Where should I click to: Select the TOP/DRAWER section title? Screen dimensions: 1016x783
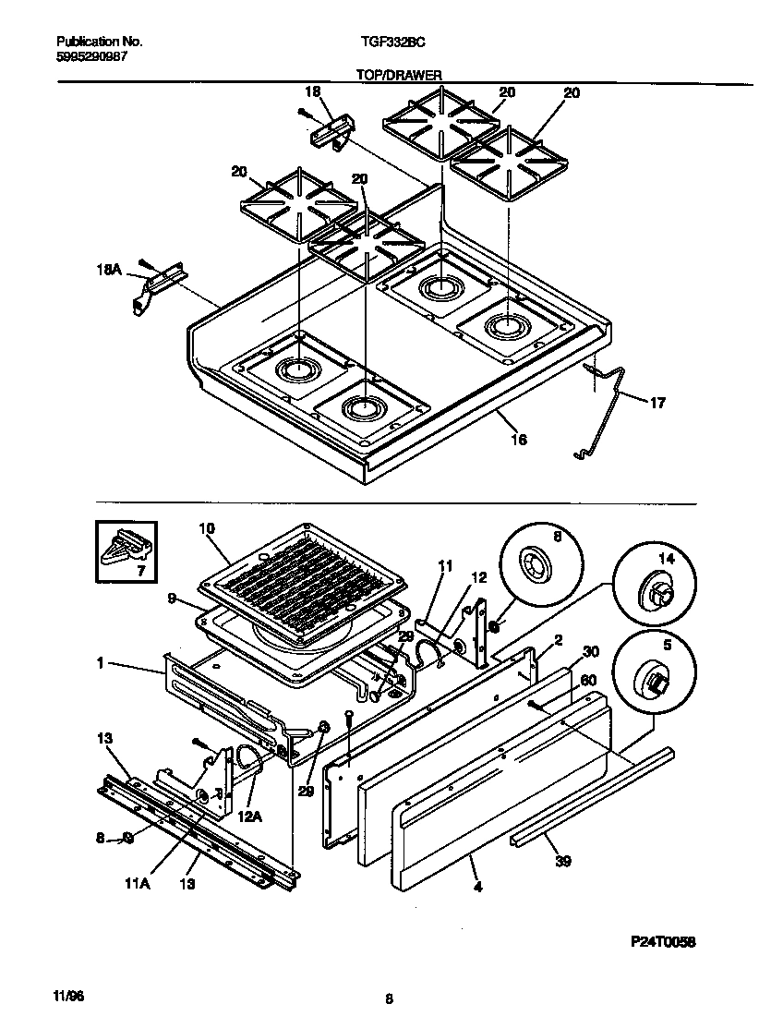click(x=399, y=75)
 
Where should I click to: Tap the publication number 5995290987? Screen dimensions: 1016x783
click(x=91, y=56)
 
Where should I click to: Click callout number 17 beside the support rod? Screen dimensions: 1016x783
click(x=657, y=403)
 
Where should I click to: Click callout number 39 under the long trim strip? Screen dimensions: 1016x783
click(x=563, y=862)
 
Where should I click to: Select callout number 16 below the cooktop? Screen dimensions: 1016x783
click(x=519, y=441)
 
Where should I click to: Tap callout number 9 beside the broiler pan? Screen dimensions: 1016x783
click(x=173, y=599)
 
